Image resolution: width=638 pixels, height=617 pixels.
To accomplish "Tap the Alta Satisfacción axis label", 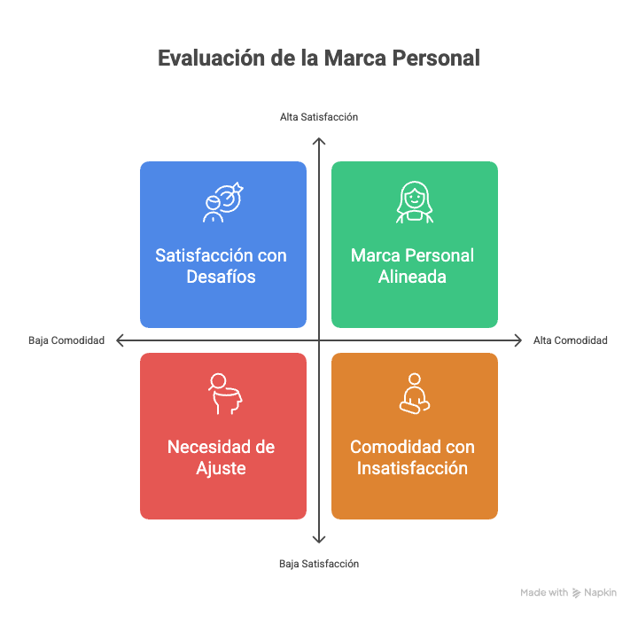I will tap(319, 117).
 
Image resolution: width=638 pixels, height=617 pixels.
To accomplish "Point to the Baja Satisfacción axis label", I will tap(319, 564).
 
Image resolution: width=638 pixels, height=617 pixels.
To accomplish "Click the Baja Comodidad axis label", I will tap(66, 340).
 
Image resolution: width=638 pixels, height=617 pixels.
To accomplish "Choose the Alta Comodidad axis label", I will tap(570, 340).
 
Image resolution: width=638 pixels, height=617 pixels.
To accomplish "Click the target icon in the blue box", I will tap(222, 202).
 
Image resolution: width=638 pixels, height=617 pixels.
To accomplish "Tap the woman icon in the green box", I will tap(414, 202).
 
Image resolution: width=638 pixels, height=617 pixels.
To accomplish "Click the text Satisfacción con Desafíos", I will tap(222, 266).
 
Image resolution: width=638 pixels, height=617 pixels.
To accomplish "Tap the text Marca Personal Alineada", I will tap(413, 266).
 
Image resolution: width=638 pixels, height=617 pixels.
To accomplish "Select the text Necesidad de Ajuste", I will tap(222, 457).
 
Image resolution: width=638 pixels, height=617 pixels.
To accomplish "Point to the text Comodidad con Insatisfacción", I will tap(413, 457).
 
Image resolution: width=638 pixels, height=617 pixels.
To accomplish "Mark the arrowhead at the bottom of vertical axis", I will tap(319, 542).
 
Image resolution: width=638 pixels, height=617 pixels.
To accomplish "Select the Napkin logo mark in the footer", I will tap(576, 593).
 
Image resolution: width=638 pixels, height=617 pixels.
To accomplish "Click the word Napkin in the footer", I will tap(601, 593).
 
